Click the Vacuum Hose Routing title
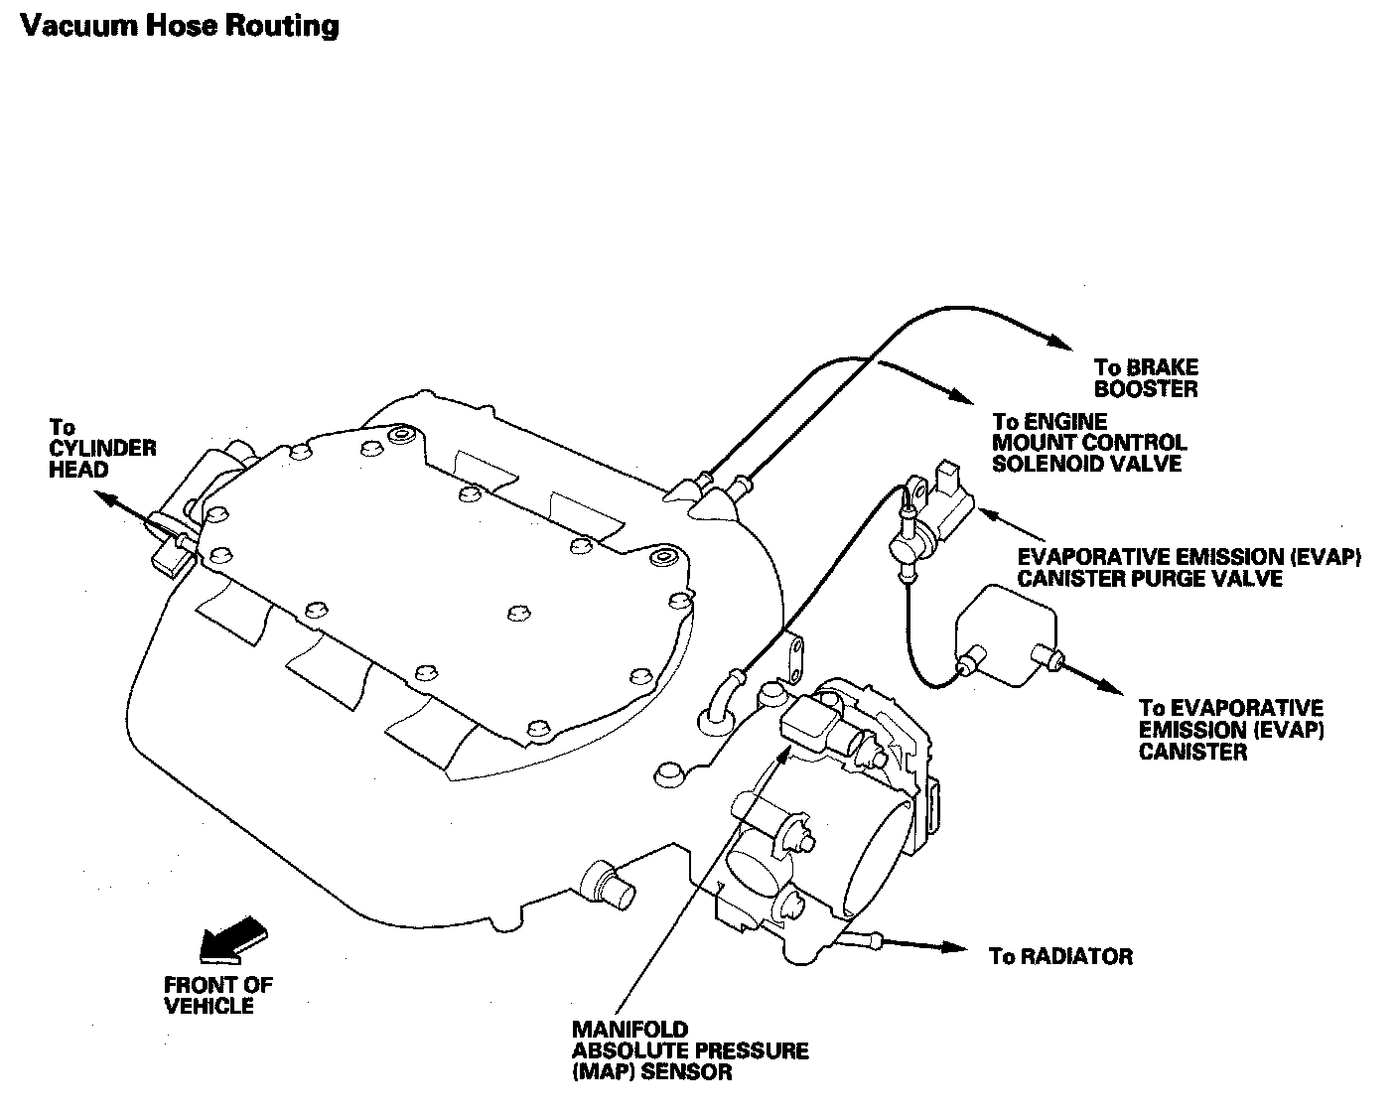tap(180, 25)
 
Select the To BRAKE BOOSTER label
tap(1146, 378)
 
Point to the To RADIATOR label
tap(1060, 956)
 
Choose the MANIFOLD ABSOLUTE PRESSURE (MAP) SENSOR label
tap(689, 1050)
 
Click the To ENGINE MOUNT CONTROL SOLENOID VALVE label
tap(1089, 443)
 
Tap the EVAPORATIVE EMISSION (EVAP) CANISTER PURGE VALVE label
tap(1188, 568)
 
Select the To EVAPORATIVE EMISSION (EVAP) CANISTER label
tap(1231, 730)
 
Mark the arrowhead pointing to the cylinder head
tap(107, 498)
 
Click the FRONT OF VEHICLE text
tap(217, 996)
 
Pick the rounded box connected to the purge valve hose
tap(1005, 635)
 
